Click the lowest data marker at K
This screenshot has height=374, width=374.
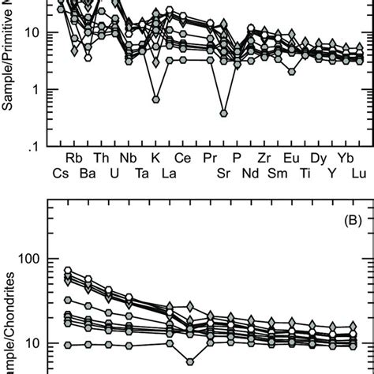tap(156, 99)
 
